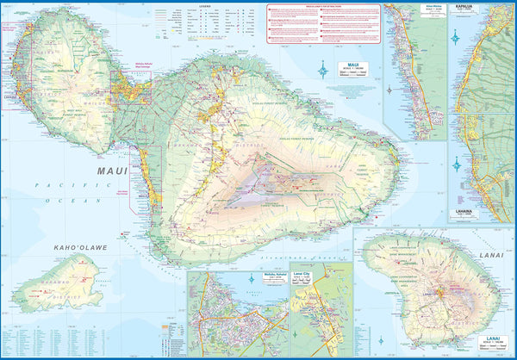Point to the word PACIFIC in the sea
[x=53, y=185]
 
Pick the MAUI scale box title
[x=352, y=64]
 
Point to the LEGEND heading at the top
[x=204, y=6]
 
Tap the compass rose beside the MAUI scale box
[x=323, y=71]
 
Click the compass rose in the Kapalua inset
[x=455, y=36]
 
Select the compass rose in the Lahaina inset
[x=455, y=164]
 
